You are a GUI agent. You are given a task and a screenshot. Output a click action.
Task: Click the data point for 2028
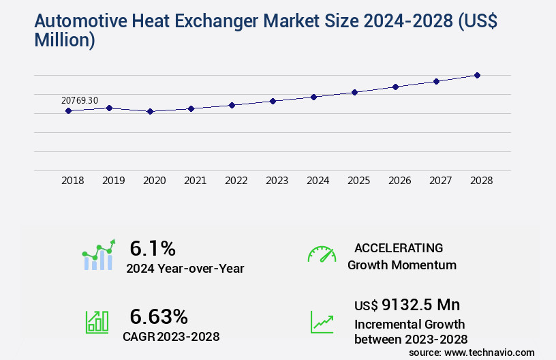pos(477,75)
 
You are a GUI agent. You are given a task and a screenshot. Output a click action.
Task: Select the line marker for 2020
pos(150,111)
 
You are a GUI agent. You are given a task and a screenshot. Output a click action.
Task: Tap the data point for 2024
pos(313,97)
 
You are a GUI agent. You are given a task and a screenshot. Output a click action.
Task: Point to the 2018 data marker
pos(68,110)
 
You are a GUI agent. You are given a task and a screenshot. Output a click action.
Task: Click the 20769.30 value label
pos(80,100)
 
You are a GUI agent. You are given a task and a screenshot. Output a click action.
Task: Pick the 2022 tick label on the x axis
pos(236,181)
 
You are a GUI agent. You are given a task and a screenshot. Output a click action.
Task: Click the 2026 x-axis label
pos(399,181)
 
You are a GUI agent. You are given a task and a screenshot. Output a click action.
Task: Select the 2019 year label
pos(113,181)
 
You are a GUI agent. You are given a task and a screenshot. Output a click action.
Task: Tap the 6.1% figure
pos(153,248)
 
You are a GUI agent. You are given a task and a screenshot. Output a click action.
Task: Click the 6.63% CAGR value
pos(159,316)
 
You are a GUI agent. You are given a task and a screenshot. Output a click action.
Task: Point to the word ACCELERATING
pos(399,247)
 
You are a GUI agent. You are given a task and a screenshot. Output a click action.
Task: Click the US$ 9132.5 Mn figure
pos(402,305)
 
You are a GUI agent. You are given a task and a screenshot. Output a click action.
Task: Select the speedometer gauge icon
pos(322,254)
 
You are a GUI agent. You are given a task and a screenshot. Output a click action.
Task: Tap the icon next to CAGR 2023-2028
pos(97,321)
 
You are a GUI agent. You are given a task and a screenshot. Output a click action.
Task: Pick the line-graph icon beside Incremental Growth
pos(322,322)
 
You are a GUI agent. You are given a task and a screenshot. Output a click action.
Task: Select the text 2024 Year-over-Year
pos(185,268)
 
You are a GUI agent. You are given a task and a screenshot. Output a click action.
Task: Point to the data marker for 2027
pos(436,81)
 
